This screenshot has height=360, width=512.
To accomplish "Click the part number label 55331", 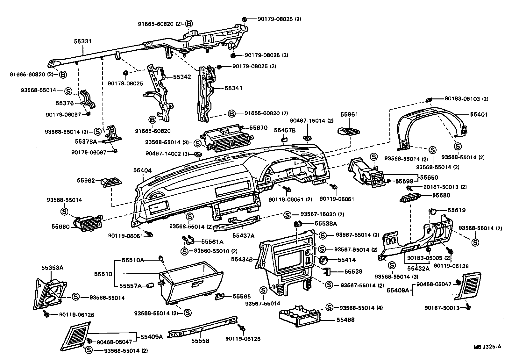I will (x=82, y=41).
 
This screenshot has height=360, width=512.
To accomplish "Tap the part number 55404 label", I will (x=142, y=171).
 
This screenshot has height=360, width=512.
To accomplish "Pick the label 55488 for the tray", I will (x=345, y=320).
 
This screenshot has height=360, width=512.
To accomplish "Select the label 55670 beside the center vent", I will (x=258, y=128).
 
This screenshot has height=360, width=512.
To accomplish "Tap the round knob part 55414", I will (x=323, y=260).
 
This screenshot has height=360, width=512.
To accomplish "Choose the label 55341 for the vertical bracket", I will (x=233, y=88).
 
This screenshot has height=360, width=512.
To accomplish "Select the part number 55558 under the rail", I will (x=200, y=341).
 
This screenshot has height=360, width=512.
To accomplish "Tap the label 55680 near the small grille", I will (x=441, y=195).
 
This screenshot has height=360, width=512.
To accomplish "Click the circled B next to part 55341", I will (x=232, y=113).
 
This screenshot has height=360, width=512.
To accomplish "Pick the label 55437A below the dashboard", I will (x=243, y=236).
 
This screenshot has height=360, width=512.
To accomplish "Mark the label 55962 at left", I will (x=86, y=180).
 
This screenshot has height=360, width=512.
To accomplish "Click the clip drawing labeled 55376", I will (x=87, y=100).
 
